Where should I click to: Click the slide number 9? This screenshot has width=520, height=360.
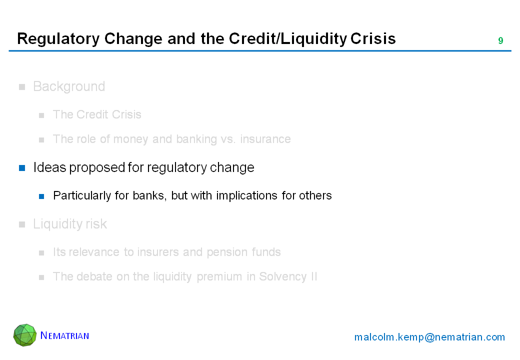tap(500, 41)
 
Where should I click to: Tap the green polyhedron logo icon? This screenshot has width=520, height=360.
tap(25, 335)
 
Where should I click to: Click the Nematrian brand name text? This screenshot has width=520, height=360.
tap(64, 335)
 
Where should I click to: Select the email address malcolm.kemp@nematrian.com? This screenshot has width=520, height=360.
tap(429, 337)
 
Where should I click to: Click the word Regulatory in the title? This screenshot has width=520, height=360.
tap(58, 39)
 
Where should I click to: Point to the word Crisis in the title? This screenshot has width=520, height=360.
tap(373, 38)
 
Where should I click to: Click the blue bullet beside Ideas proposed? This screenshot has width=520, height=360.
tap(22, 168)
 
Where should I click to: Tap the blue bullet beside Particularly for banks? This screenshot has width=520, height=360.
tap(41, 196)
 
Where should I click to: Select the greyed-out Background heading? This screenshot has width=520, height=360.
tap(69, 86)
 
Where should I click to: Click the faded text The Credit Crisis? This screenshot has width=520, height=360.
tap(97, 114)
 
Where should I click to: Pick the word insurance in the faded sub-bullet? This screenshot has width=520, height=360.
tap(265, 139)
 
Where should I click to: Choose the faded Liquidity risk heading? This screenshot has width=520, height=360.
tap(70, 224)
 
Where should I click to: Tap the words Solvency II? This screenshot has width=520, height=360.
tap(288, 277)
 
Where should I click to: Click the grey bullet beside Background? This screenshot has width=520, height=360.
tap(22, 87)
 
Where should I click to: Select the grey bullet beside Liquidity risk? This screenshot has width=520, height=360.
tap(22, 225)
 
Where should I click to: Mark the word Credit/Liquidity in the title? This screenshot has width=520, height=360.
tap(288, 39)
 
